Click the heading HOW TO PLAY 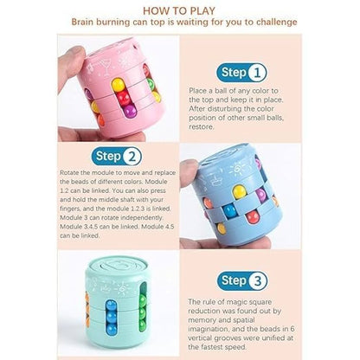click(179, 11)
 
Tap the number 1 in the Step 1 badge click(256, 73)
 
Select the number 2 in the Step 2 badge click(132, 157)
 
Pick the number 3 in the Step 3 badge click(257, 280)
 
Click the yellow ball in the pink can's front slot click(118, 85)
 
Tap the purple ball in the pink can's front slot click(130, 112)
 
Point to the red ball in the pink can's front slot click(123, 98)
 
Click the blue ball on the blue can click(230, 210)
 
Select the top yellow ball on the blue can click(239, 191)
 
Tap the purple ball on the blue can click(260, 195)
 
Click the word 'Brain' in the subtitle click(82, 22)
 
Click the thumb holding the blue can click(189, 172)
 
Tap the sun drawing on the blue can click(237, 169)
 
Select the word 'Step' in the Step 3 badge click(234, 281)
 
